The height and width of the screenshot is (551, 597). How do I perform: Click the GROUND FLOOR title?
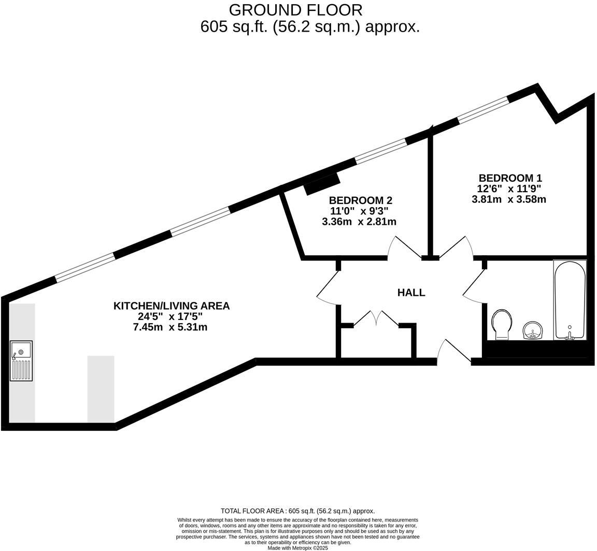[295, 10]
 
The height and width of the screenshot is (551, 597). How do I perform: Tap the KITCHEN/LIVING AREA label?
[171, 306]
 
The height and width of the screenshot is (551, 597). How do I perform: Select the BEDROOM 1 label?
[510, 178]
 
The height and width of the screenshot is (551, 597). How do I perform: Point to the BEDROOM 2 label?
[360, 200]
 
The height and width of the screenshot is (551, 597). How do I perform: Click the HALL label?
[411, 293]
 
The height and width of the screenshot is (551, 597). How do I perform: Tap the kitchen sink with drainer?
[21, 360]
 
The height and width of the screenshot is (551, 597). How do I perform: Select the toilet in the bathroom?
[502, 324]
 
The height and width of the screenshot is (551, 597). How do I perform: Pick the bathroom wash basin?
[532, 330]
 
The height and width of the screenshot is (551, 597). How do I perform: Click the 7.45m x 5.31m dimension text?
[170, 327]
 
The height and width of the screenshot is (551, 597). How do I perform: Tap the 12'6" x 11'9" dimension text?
[509, 189]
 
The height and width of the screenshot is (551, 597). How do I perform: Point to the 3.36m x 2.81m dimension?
[359, 222]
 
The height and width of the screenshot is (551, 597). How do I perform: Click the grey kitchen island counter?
[101, 388]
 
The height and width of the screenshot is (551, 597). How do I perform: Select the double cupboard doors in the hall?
[376, 318]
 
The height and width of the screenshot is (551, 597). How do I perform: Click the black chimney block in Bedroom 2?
[322, 184]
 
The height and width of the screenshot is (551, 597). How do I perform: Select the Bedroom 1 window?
[483, 109]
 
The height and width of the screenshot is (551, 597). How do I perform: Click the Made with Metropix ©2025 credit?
[297, 547]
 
